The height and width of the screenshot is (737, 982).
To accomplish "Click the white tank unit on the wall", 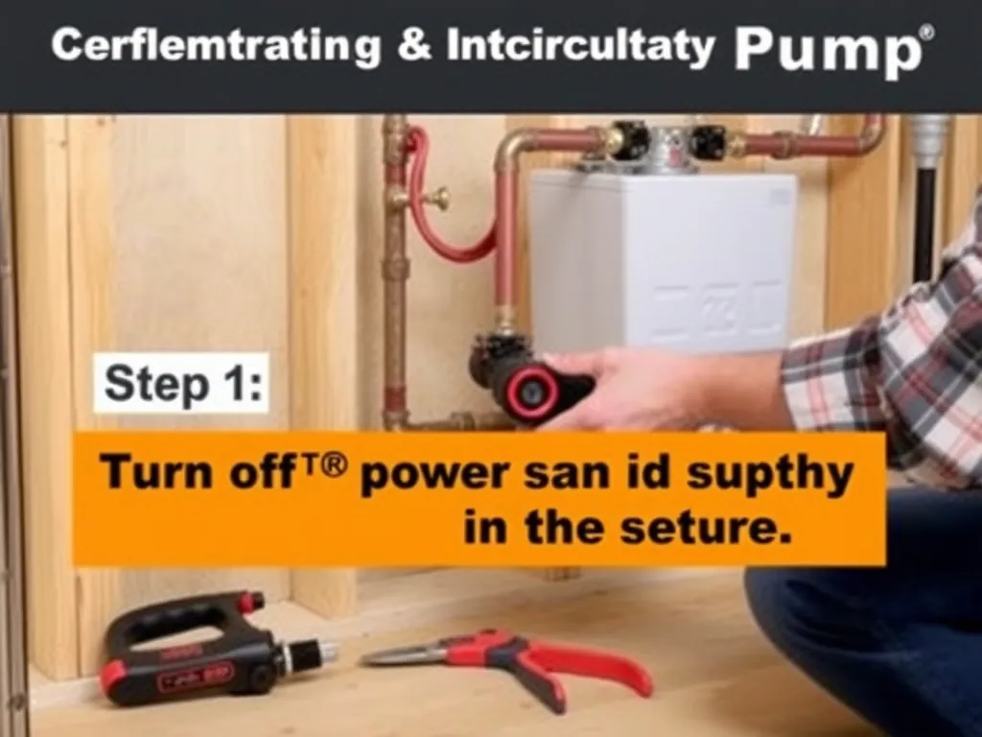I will click(x=662, y=259).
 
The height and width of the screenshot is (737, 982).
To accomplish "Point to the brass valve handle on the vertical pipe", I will click(x=436, y=199).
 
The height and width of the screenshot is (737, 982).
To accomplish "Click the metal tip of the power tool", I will click(x=316, y=654).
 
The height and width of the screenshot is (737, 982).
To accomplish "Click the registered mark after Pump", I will click(x=925, y=33).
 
